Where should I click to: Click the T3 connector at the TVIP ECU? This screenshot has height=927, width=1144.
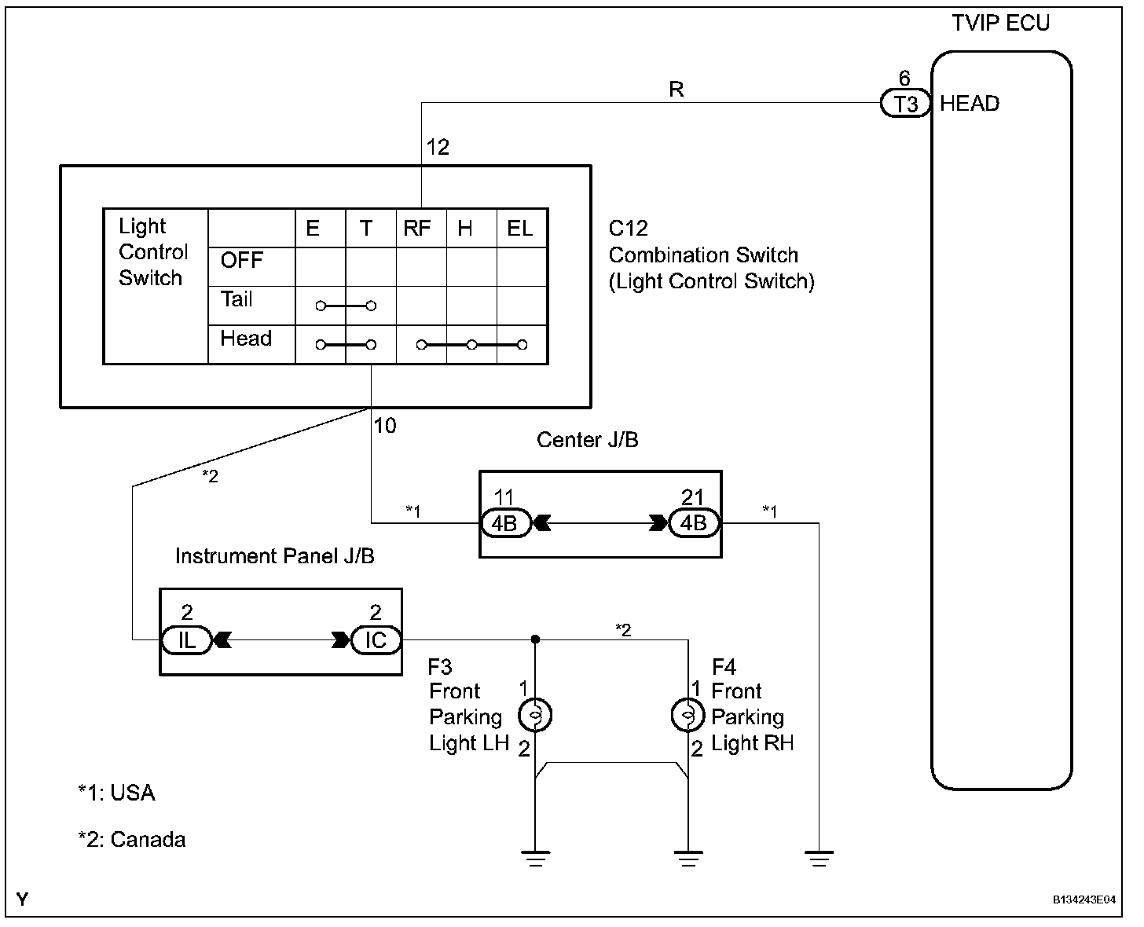click(905, 103)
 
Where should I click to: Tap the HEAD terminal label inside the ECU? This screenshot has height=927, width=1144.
click(970, 104)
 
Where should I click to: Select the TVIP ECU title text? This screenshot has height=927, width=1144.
click(1000, 23)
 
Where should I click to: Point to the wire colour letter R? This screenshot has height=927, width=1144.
click(676, 90)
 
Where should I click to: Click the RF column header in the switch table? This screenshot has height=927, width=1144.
click(417, 228)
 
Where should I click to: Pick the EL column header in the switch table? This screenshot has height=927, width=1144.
click(520, 228)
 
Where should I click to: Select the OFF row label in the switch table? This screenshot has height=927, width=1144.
click(242, 260)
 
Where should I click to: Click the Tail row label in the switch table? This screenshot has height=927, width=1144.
click(236, 299)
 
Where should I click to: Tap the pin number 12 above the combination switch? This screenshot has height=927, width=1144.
click(438, 147)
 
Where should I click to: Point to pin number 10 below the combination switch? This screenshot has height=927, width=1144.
click(385, 426)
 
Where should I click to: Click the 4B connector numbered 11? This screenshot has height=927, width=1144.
click(505, 523)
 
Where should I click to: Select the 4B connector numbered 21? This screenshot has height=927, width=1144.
click(693, 523)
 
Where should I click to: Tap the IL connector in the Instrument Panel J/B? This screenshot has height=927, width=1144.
click(186, 640)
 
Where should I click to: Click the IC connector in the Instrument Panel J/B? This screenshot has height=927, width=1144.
click(376, 640)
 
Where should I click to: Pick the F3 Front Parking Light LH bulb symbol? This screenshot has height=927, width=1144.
click(536, 715)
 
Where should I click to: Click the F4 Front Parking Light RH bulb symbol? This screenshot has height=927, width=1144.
click(688, 715)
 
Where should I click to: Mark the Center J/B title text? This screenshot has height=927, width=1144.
click(588, 440)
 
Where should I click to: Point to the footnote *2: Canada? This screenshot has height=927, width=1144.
click(132, 840)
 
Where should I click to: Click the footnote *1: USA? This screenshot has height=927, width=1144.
click(116, 793)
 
